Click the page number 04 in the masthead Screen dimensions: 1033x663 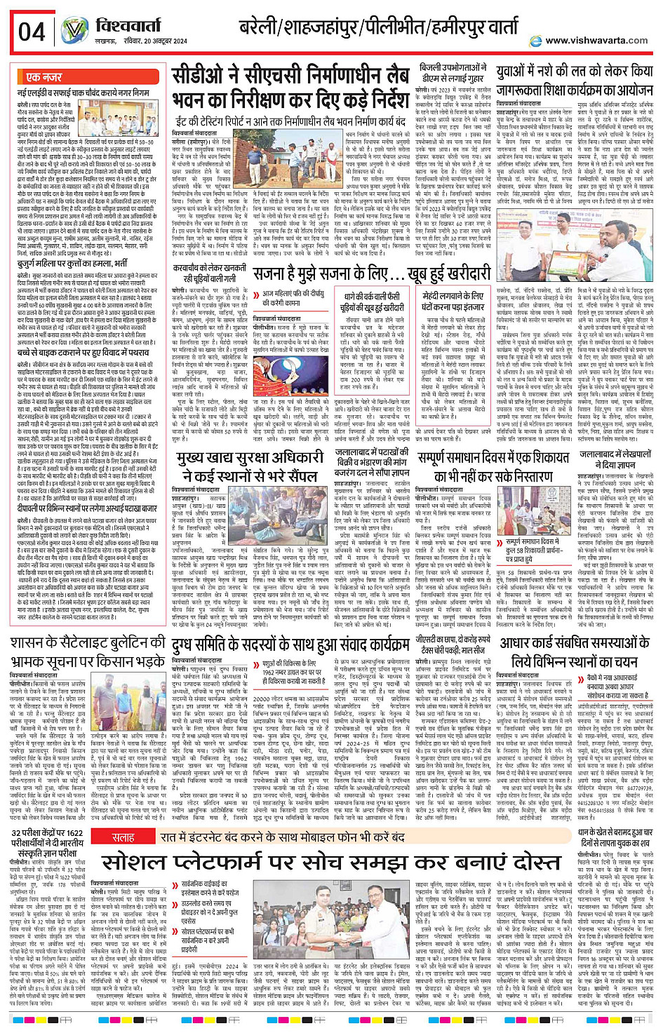(x=32, y=32)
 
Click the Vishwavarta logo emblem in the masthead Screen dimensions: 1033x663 (x=74, y=32)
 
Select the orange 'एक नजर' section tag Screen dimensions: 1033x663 (x=43, y=77)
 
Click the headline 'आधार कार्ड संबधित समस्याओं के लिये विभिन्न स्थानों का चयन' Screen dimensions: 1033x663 (x=574, y=652)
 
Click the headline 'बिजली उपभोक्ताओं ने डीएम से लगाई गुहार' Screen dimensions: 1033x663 (x=453, y=73)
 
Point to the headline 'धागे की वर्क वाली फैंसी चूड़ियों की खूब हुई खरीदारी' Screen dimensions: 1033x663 (x=373, y=302)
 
